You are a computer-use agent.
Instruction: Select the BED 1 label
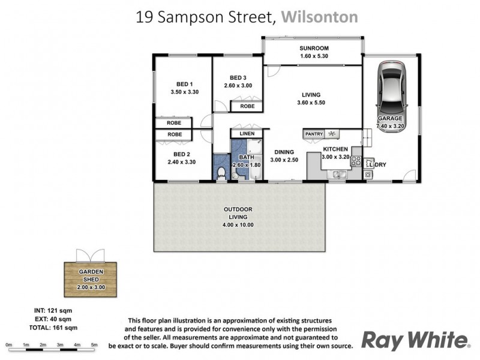(184, 83)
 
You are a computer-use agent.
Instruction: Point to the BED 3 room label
(238, 77)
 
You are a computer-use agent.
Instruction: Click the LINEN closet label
(247, 133)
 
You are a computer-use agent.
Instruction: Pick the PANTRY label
(314, 134)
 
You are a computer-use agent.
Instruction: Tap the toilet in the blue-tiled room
(221, 173)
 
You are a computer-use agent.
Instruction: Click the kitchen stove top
(355, 161)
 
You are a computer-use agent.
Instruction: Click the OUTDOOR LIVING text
(238, 209)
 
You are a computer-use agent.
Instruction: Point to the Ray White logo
(415, 340)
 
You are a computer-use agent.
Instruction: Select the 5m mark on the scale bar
(94, 346)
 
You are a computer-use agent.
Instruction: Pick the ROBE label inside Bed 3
(247, 106)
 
